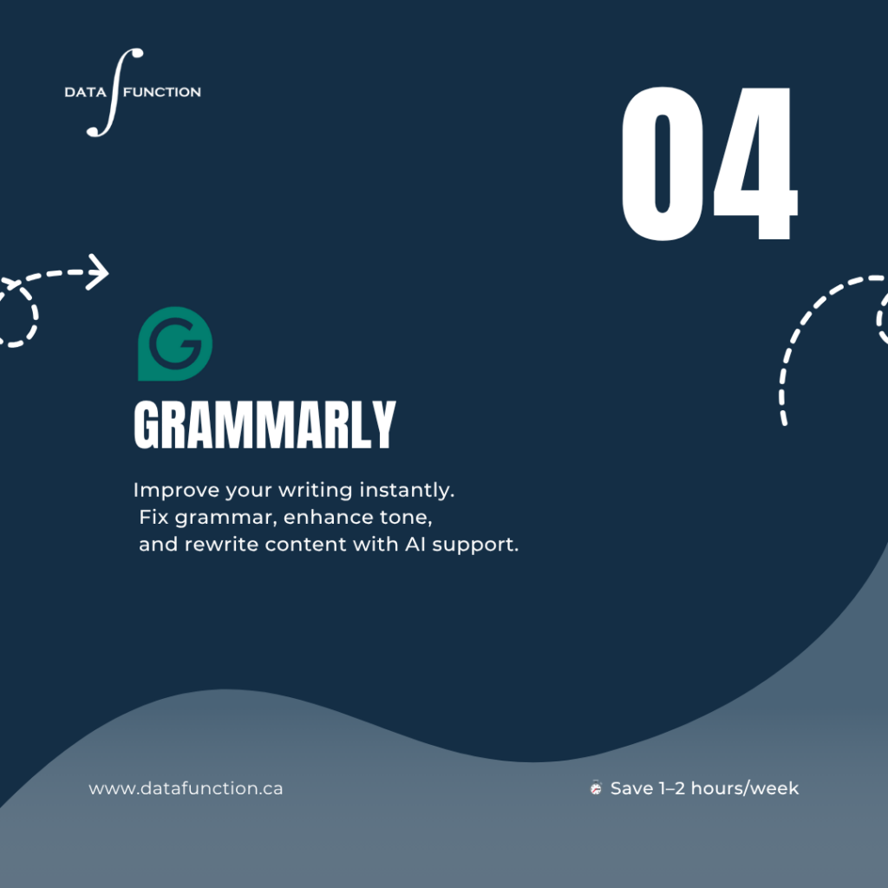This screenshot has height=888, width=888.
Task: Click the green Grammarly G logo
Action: (x=175, y=343)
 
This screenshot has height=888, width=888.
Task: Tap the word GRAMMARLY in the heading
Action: (x=264, y=425)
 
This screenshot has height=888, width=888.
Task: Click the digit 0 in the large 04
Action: (x=662, y=163)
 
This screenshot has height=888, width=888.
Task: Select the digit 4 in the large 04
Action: (x=755, y=163)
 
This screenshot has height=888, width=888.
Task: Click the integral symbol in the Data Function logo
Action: (x=115, y=92)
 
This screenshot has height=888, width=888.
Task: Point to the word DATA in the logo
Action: (x=86, y=92)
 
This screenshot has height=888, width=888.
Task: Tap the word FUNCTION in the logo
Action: (x=162, y=92)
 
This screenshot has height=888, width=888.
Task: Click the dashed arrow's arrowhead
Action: (x=98, y=272)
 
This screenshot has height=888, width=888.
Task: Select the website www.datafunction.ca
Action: (x=186, y=788)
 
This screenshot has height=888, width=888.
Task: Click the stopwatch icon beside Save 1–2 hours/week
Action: (x=596, y=787)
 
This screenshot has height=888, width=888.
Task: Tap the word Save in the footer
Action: (x=632, y=788)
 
